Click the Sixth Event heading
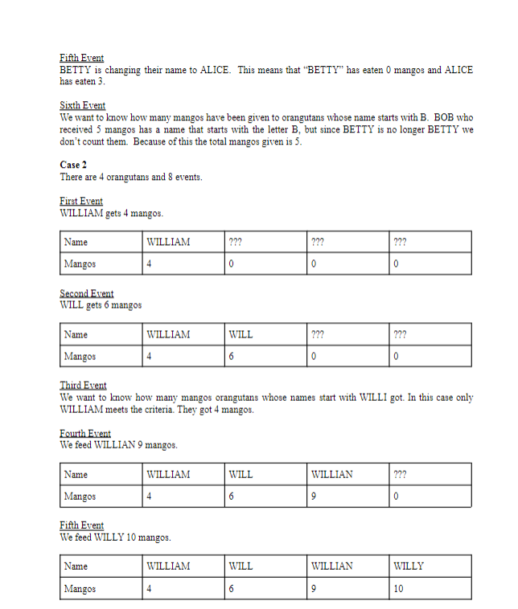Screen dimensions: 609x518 82,105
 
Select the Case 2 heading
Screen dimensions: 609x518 73,165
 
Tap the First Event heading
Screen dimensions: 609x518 81,201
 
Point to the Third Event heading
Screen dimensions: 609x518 83,386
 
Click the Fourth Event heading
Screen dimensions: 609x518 85,433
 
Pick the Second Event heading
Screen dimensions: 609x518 86,293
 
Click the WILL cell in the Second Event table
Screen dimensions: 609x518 240,335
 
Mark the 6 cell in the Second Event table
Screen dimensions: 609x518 232,357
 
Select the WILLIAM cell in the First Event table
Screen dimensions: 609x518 168,242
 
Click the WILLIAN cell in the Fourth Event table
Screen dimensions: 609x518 331,475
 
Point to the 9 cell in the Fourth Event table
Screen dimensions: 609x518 314,497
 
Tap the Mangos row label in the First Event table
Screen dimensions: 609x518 80,264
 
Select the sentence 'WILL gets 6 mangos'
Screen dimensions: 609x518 101,305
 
